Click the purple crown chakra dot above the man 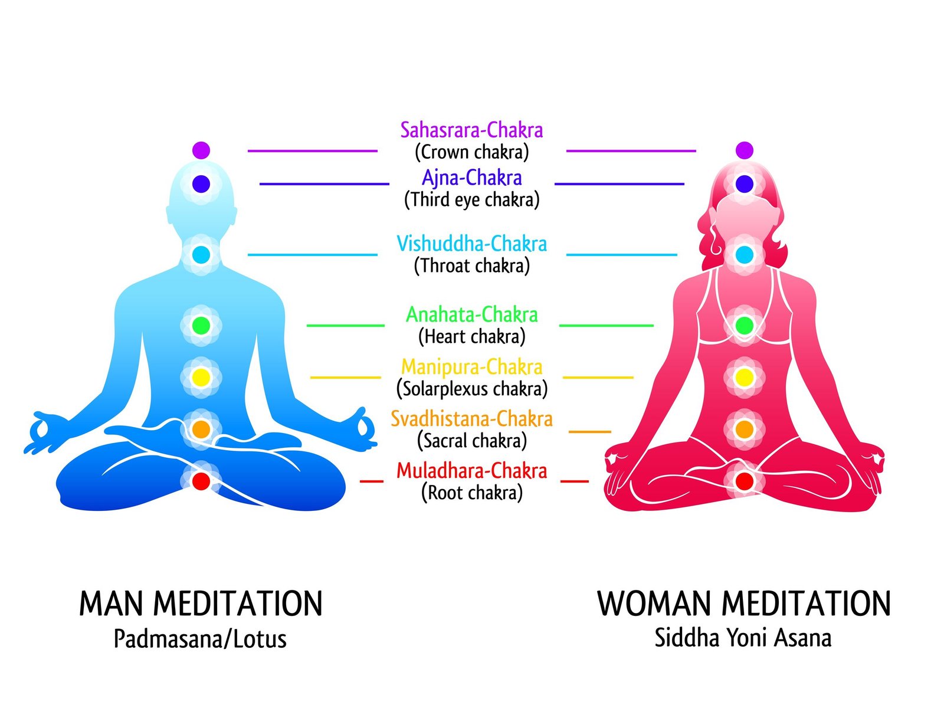pyautogui.click(x=201, y=150)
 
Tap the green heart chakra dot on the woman pyautogui.click(x=744, y=326)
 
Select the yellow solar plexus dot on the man pyautogui.click(x=201, y=377)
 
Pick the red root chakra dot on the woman pyautogui.click(x=744, y=481)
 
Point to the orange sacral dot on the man pyautogui.click(x=201, y=429)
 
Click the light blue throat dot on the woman pyautogui.click(x=744, y=254)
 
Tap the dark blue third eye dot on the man pyautogui.click(x=201, y=183)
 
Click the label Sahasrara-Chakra pyautogui.click(x=471, y=130)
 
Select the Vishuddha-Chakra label pyautogui.click(x=471, y=243)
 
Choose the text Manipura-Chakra pyautogui.click(x=471, y=366)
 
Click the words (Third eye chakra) pyautogui.click(x=471, y=199)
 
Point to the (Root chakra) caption pyautogui.click(x=471, y=493)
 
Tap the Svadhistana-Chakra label pyautogui.click(x=471, y=419)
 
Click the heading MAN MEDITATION pyautogui.click(x=201, y=604)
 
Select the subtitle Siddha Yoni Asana pyautogui.click(x=743, y=638)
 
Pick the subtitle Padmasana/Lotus pyautogui.click(x=200, y=639)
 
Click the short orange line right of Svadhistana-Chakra pyautogui.click(x=589, y=432)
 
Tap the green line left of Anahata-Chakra pyautogui.click(x=345, y=326)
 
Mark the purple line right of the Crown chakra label pyautogui.click(x=631, y=151)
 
